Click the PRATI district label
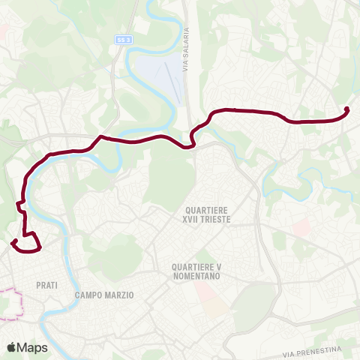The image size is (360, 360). point(46,285)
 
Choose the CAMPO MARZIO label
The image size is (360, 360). point(104,295)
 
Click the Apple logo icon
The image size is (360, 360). point(11,347)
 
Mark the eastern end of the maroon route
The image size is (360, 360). point(347,109)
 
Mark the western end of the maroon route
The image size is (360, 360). point(13,241)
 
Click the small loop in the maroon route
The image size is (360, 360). point(31,243)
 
